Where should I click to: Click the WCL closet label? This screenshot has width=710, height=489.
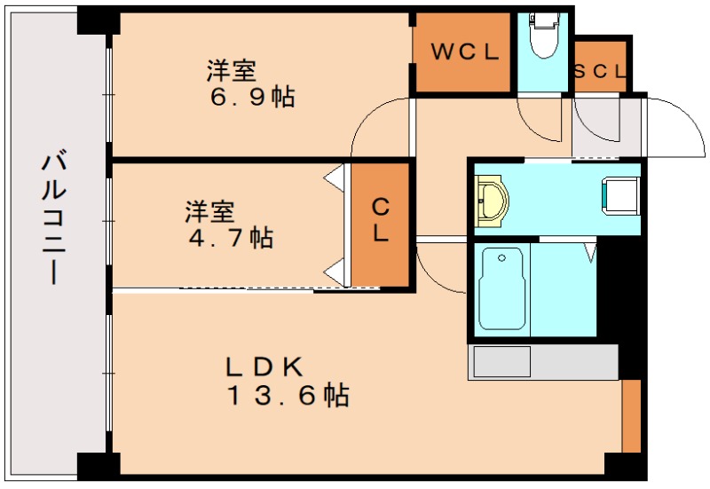tap(464, 52)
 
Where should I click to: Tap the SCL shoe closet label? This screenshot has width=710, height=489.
tap(601, 71)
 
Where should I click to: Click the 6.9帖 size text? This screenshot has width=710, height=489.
tap(251, 97)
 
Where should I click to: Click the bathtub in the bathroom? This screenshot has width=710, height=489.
tap(502, 288)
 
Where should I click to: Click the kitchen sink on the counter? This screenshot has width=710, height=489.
tap(501, 362)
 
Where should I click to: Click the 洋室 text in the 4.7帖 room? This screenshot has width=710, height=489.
tap(209, 212)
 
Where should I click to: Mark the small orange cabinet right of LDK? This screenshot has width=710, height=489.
tap(631, 415)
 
